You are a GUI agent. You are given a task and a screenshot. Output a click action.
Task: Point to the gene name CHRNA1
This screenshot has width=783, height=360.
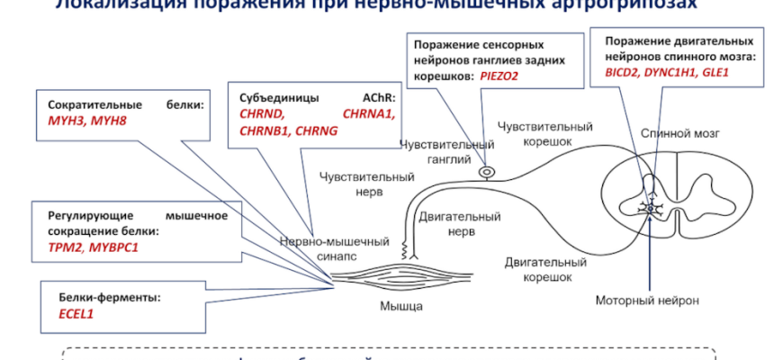369,114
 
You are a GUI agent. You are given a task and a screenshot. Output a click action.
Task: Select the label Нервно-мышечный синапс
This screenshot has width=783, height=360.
334,248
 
